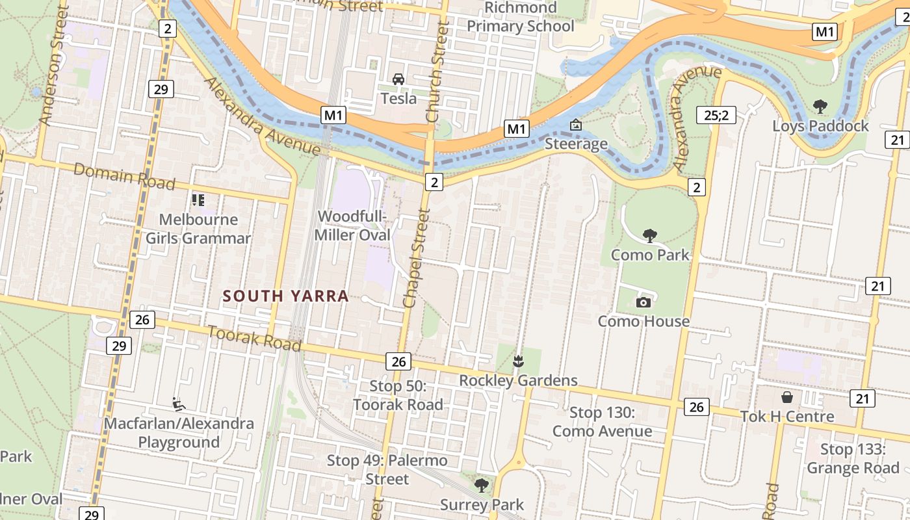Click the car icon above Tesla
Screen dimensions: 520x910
[x=398, y=79]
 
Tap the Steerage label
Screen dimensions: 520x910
[x=576, y=144]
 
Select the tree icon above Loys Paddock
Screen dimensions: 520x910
[x=820, y=106]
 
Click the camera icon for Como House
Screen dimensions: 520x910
[x=643, y=302]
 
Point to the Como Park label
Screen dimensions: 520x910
[x=650, y=254]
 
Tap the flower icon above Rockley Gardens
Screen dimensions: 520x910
[x=518, y=361]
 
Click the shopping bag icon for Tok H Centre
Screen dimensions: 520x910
[x=787, y=396]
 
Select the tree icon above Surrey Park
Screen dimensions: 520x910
[x=482, y=485]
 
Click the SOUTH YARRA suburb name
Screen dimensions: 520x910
[x=286, y=296]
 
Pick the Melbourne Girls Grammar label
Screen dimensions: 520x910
[x=198, y=229]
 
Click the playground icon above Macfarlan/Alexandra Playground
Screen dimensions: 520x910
[x=177, y=404]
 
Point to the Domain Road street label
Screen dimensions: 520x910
[x=124, y=176]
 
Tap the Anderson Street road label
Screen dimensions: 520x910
[x=54, y=65]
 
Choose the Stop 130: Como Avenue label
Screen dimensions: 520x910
[x=602, y=422]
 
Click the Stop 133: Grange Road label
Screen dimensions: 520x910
[x=853, y=459]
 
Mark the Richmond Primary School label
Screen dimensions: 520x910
[x=521, y=17]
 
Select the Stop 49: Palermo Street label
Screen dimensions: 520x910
[x=387, y=470]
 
